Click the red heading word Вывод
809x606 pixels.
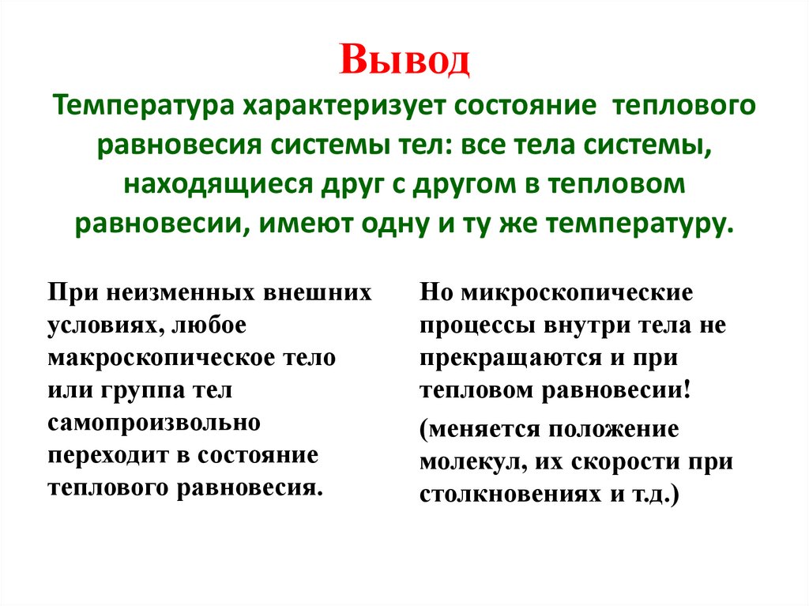[404, 62]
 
